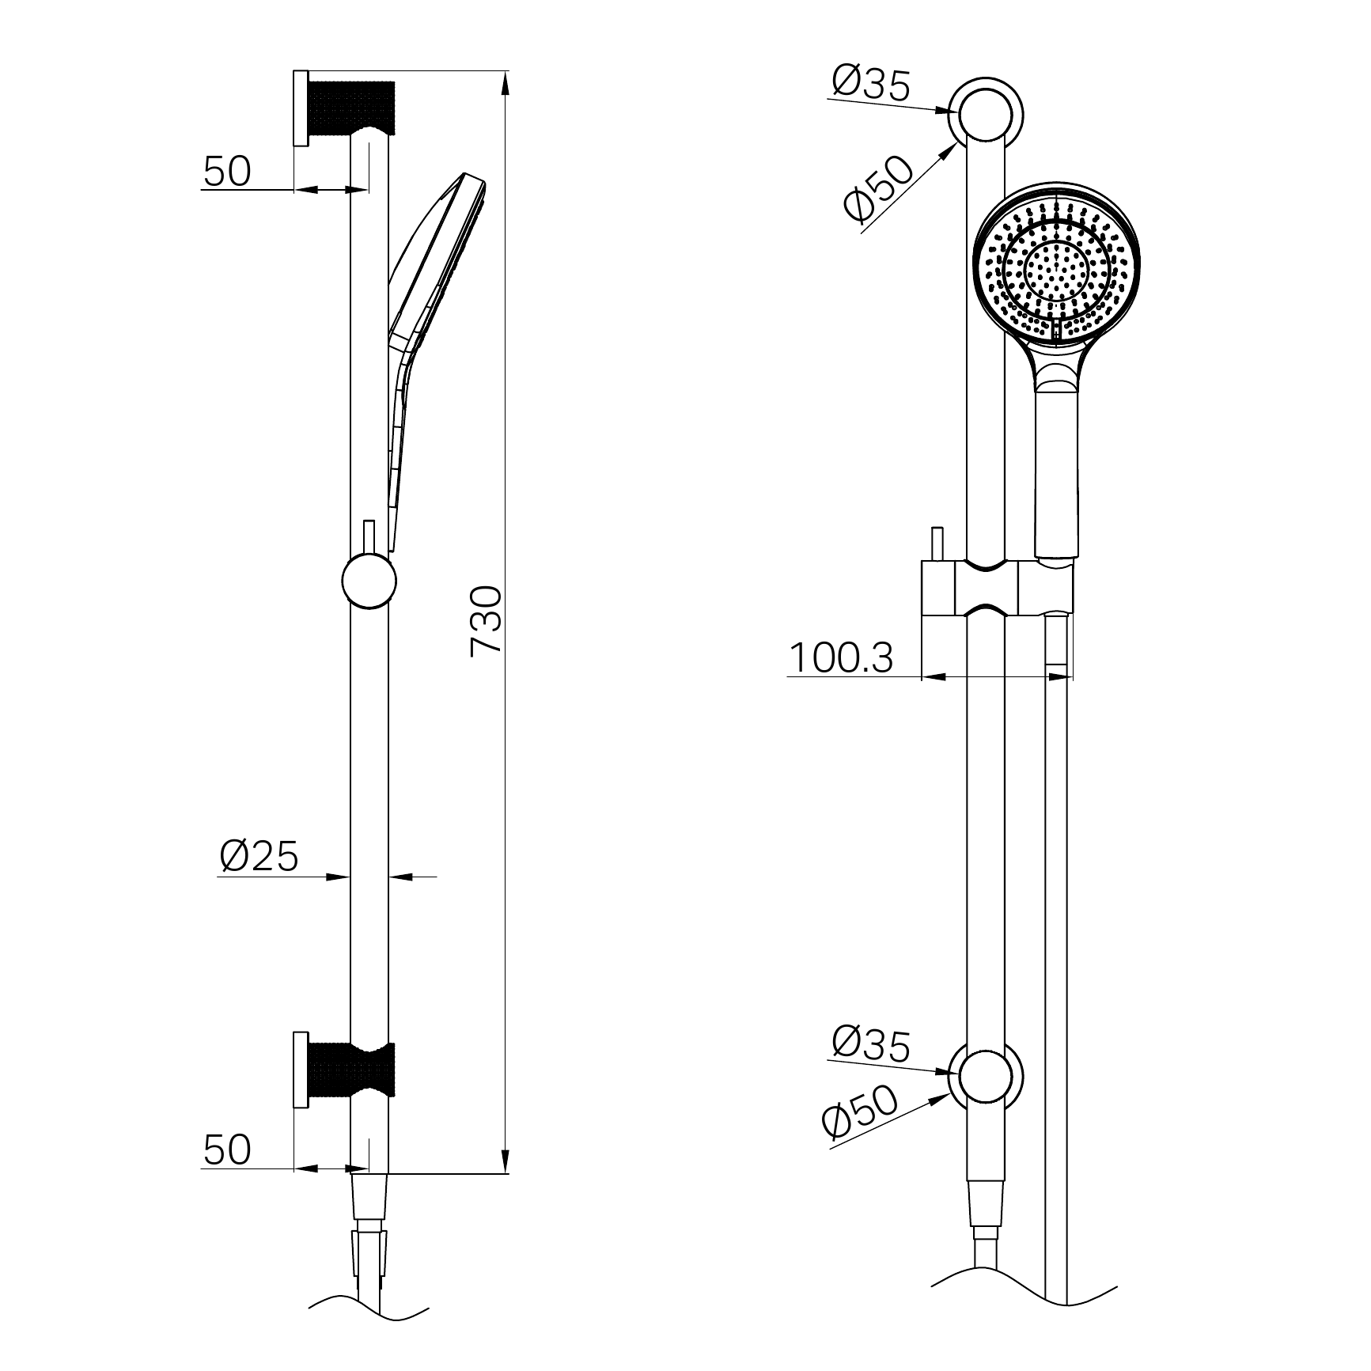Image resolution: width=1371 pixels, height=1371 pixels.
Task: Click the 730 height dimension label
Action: coord(486,620)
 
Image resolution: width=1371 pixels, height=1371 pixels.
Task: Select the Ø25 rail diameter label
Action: coord(259,856)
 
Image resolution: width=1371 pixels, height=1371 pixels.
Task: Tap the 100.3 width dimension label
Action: coord(841,657)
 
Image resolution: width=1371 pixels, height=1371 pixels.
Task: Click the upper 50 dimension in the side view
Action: coord(227,171)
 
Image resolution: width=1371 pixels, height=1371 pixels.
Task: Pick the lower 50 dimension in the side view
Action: coord(227,1149)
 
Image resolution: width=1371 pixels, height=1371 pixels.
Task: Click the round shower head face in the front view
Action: coord(1057,269)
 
